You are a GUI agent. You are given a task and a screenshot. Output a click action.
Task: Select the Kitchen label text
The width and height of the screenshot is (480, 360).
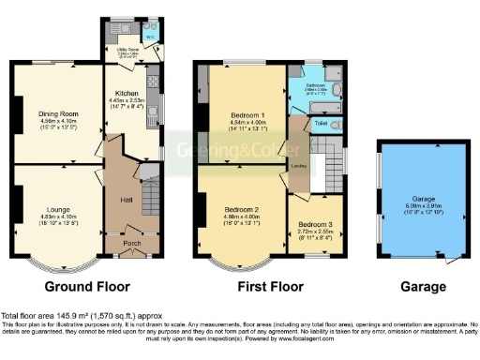[x=127, y=95]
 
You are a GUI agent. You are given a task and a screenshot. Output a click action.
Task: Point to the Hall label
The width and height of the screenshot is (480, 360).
[x=126, y=200]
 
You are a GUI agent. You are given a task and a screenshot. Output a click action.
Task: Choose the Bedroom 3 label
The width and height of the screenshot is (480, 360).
[x=314, y=224]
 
